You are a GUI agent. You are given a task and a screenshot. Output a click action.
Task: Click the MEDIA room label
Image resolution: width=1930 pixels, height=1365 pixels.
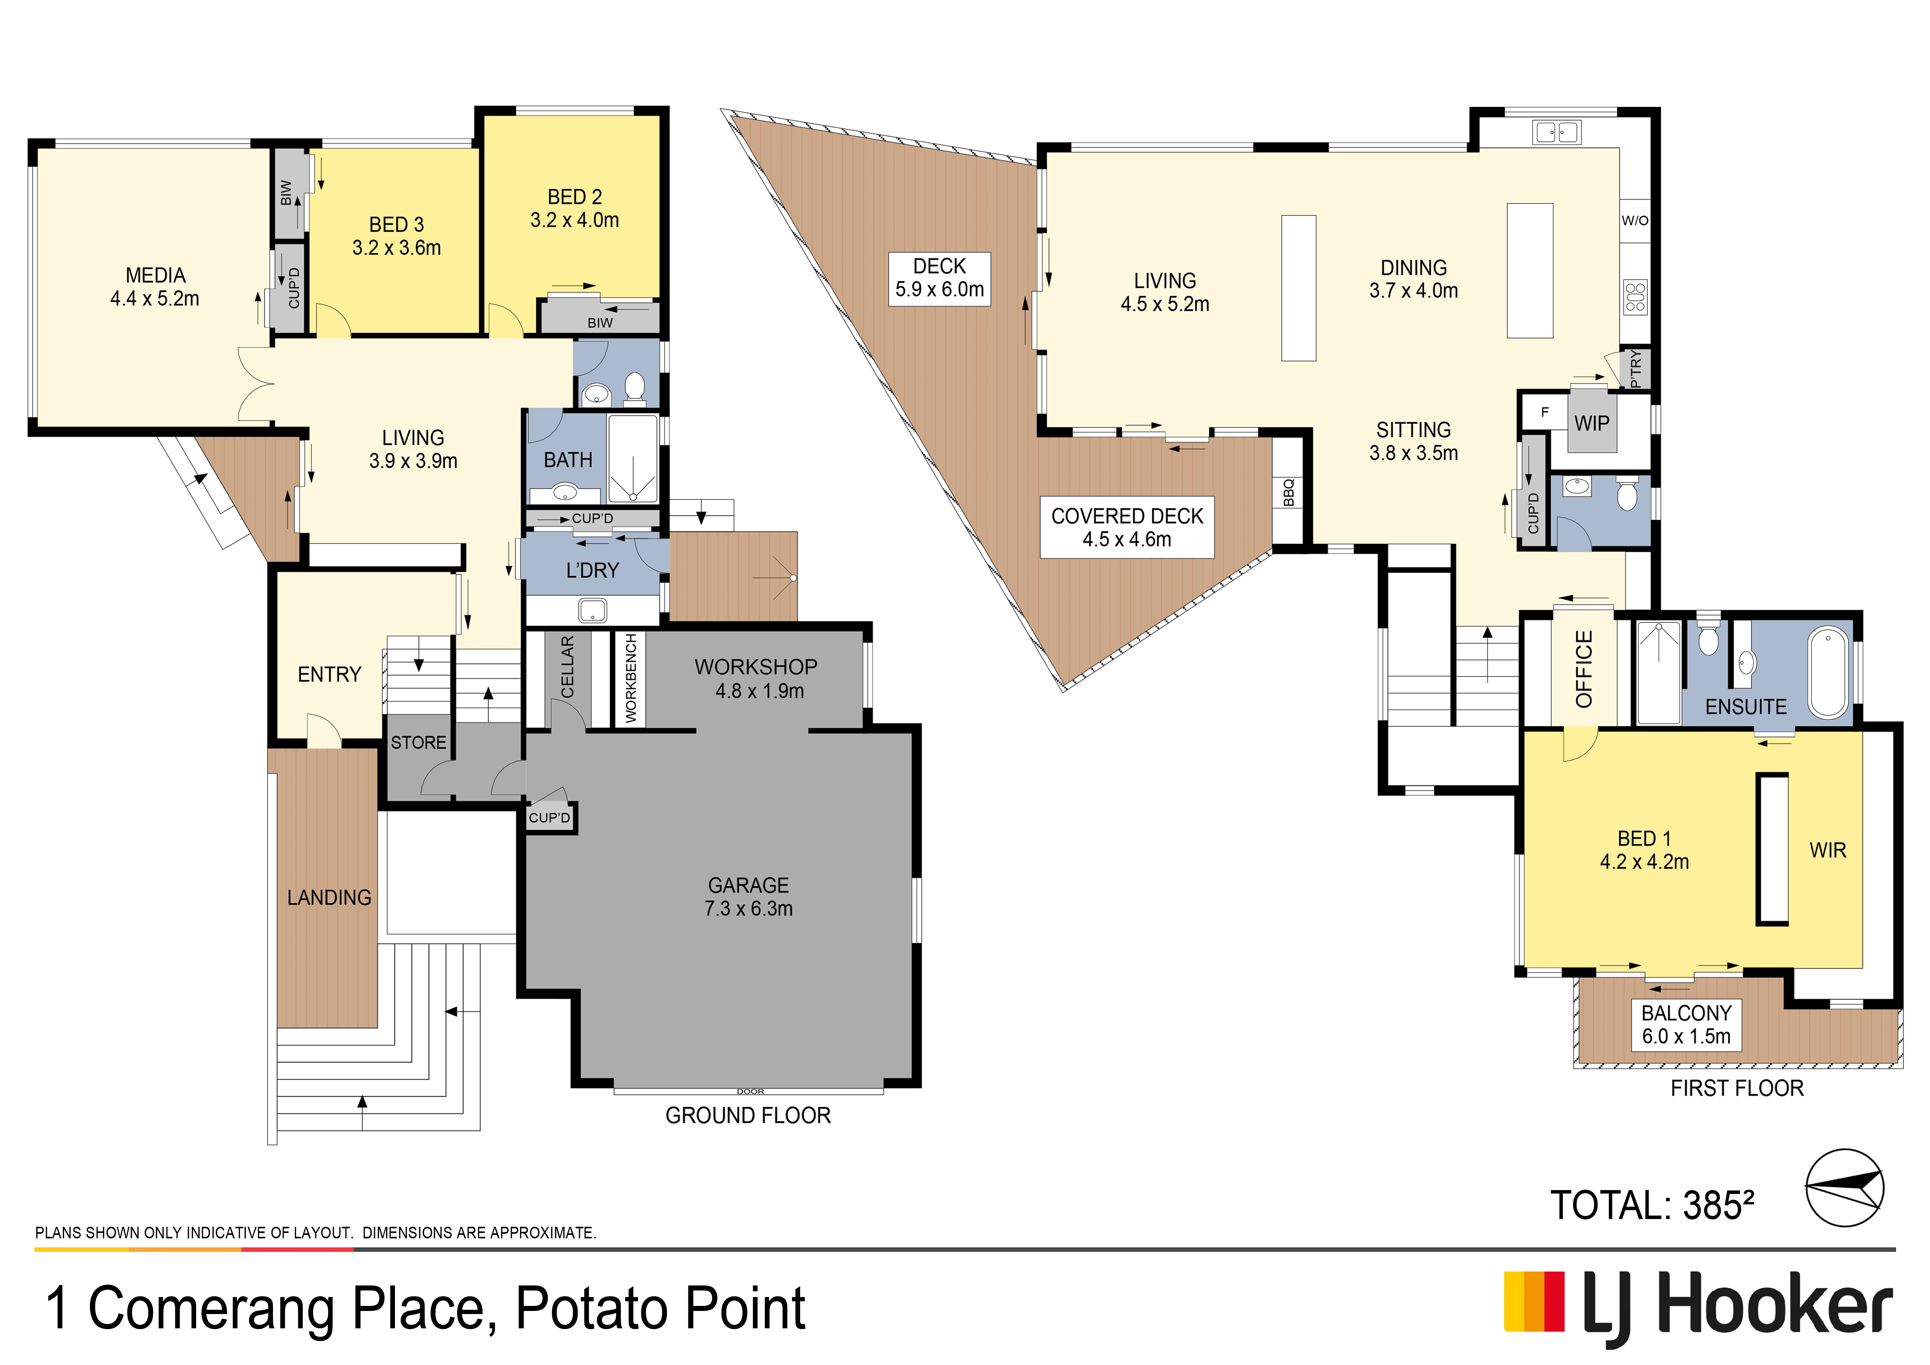coord(156,276)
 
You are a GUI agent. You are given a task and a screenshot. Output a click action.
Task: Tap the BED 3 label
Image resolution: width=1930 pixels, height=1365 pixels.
coord(397,224)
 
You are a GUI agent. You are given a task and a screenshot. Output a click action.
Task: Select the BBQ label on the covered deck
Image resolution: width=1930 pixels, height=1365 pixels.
coord(1289,493)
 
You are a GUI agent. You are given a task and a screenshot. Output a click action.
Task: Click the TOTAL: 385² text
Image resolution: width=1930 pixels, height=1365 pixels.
coord(1652,1205)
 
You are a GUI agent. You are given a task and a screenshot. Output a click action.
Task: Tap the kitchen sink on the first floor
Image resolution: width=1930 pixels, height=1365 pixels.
coord(1557,132)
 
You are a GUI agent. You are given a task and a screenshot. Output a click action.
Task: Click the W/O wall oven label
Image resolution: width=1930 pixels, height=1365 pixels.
coord(1635,220)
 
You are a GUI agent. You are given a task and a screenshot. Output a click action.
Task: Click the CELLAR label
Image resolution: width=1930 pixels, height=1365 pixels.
coord(568,666)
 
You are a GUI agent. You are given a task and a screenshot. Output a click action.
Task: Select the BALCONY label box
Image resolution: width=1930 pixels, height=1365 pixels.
coord(1686,1024)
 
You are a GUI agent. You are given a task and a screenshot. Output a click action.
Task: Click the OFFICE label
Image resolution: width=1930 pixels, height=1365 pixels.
coord(1584,669)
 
